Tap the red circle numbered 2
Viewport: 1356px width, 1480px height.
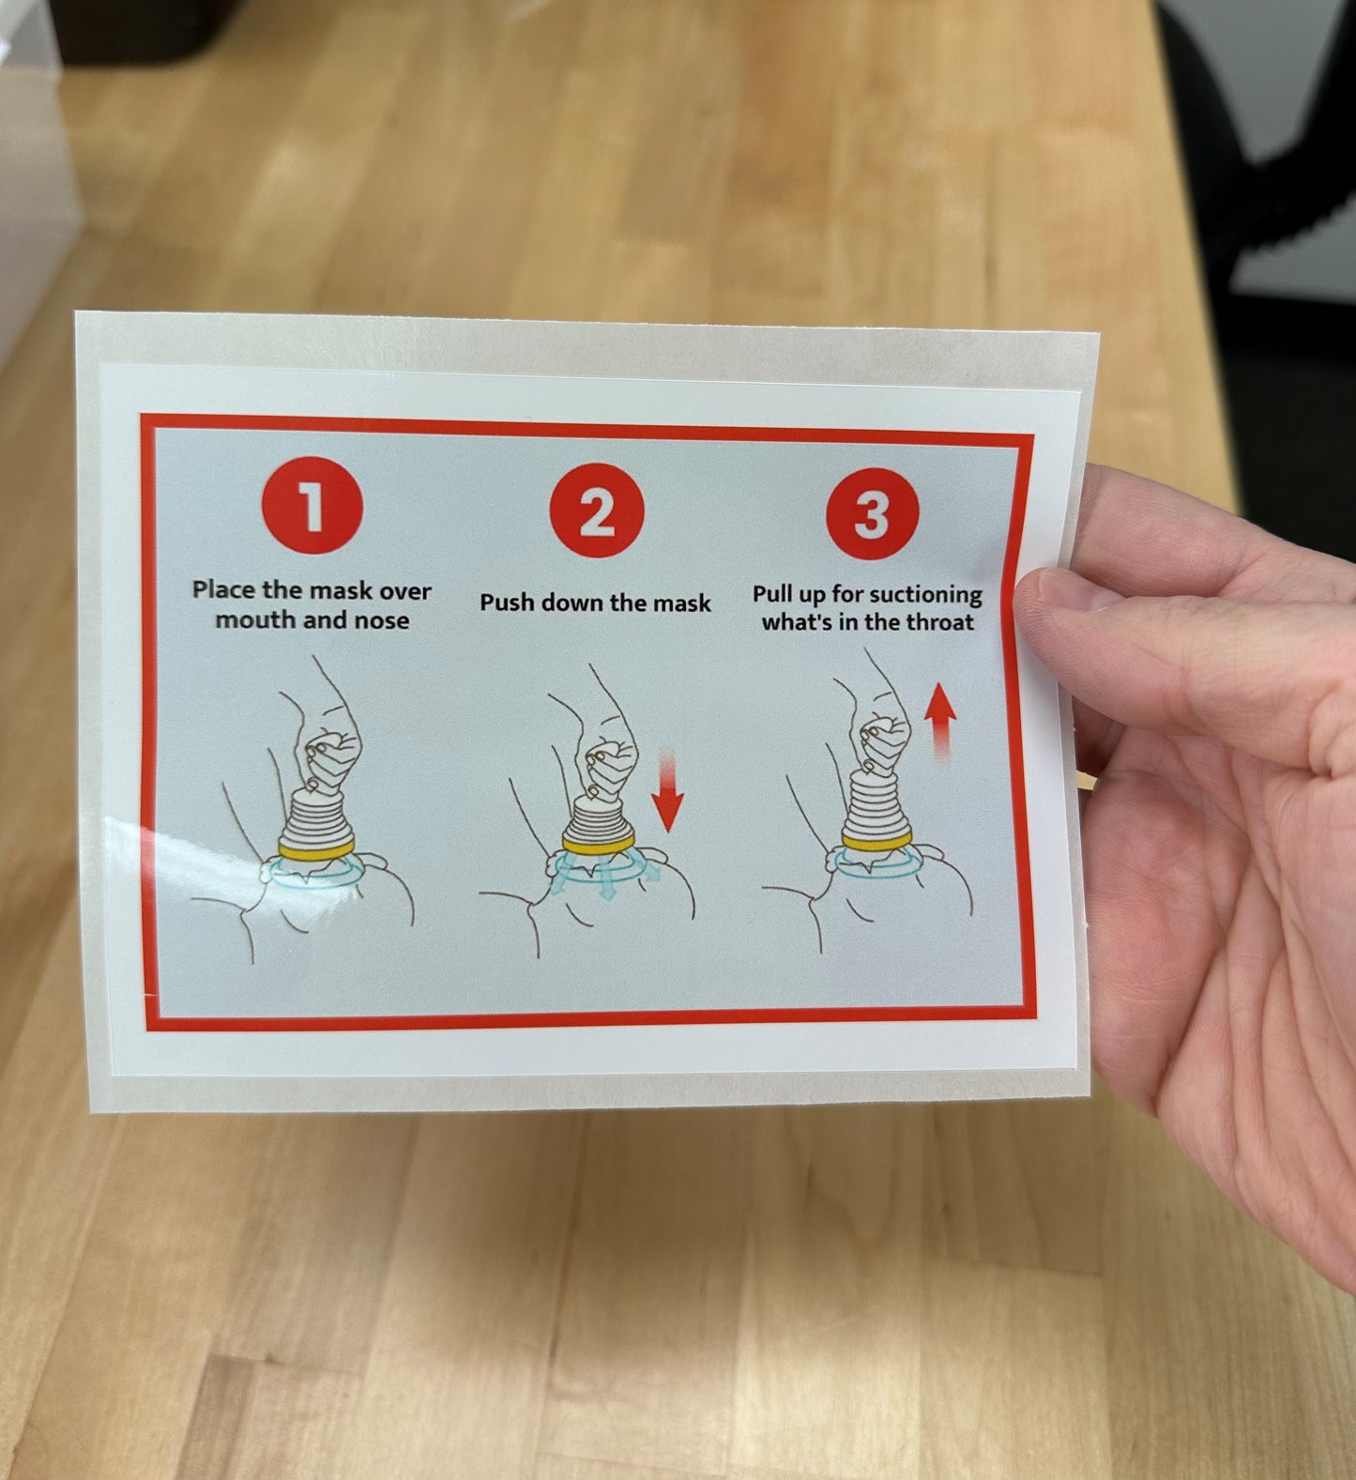pos(597,512)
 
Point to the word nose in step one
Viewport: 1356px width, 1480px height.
pos(381,620)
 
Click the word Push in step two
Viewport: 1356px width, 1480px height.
pos(507,602)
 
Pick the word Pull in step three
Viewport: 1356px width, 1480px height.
pos(775,595)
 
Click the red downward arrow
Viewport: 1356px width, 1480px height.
pos(667,790)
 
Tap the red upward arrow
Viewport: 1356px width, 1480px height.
pos(939,721)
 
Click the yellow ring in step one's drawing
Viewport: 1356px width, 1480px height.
pos(316,848)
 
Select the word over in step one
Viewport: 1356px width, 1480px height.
pos(404,590)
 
